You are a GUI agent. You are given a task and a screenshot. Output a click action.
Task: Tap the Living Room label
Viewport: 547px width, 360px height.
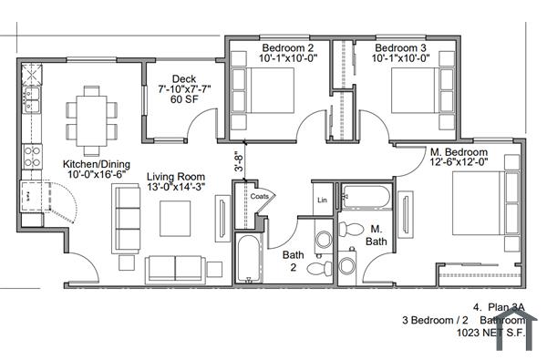176,177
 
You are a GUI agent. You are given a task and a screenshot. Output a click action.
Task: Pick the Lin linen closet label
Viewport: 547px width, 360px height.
322,200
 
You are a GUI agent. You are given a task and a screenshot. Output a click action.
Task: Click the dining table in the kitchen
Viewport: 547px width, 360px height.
91,114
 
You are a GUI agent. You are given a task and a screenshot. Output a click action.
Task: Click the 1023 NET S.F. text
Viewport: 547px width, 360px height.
492,334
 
